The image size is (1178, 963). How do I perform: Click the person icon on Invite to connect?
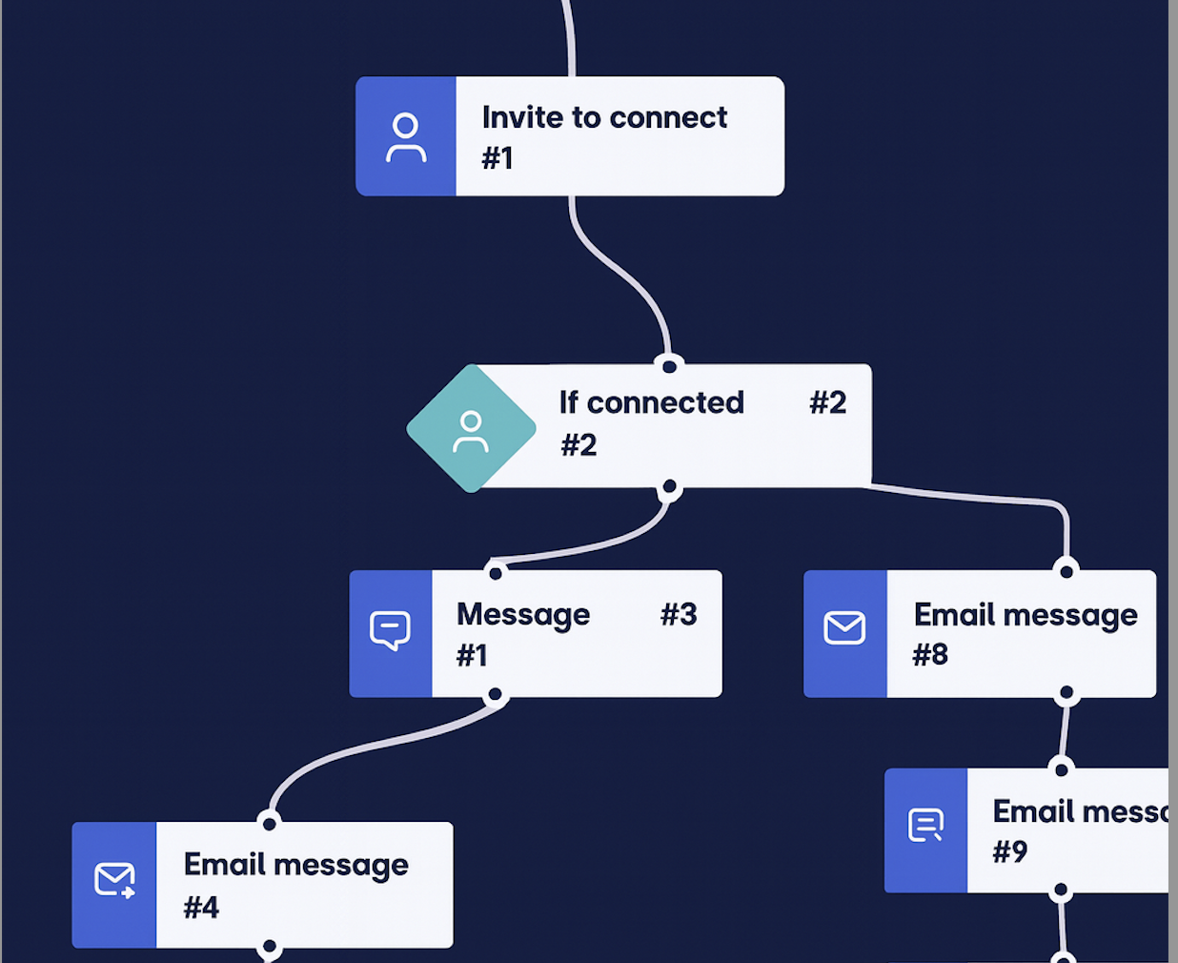[406, 137]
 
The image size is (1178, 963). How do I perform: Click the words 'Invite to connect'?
[604, 117]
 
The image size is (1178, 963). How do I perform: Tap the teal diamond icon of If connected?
[471, 429]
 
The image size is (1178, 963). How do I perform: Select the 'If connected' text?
[651, 402]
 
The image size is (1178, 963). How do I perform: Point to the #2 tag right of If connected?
[827, 402]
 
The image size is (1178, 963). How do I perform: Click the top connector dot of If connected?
[669, 366]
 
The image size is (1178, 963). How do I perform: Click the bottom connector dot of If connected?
[669, 488]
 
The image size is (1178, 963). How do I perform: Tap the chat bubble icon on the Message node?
[390, 631]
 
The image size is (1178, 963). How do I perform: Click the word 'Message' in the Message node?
[523, 614]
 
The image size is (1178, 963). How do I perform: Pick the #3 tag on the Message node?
[679, 614]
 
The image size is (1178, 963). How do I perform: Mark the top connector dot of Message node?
[495, 573]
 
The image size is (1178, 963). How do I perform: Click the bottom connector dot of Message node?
[495, 695]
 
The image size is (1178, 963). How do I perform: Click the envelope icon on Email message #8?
[844, 628]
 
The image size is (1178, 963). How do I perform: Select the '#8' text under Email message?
[930, 655]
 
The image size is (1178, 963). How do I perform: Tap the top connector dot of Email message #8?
[1066, 571]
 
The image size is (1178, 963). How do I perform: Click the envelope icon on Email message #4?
[114, 880]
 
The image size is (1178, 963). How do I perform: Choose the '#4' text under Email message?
[201, 907]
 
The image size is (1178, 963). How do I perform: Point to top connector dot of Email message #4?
[269, 823]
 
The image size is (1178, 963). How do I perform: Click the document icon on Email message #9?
[925, 826]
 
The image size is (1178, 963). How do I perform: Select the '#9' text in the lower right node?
[1010, 851]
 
